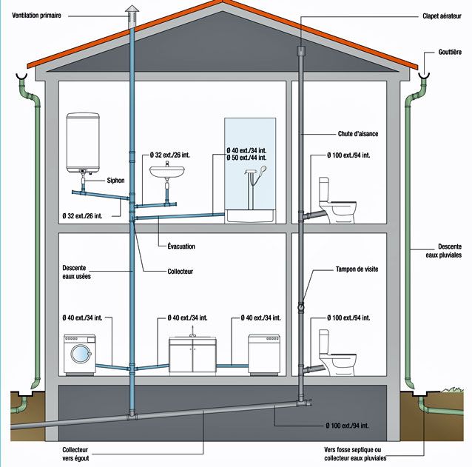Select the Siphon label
115,180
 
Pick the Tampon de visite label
357,269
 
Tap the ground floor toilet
338,355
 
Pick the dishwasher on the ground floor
264,354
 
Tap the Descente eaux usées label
79,272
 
